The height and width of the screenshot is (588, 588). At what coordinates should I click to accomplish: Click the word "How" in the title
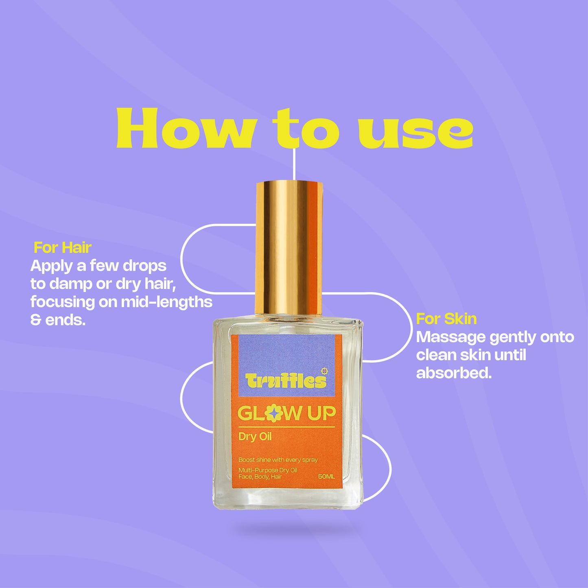185,128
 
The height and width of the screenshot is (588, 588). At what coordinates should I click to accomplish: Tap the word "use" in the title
415,133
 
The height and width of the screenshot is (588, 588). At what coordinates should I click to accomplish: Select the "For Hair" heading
63,247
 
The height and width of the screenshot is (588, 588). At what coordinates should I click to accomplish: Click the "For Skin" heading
446,319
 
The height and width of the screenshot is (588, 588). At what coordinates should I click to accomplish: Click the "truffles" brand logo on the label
286,380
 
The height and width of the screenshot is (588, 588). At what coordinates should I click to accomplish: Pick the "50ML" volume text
326,477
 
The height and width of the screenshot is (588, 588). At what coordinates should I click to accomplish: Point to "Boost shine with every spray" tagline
278,460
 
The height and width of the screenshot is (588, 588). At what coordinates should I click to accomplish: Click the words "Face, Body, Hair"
260,477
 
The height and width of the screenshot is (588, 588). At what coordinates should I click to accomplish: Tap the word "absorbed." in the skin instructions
454,373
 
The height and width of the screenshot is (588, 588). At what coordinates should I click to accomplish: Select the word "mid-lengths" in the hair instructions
166,302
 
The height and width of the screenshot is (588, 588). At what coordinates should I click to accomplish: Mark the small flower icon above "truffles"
324,371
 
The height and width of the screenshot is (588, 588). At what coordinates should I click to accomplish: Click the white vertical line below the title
294,164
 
